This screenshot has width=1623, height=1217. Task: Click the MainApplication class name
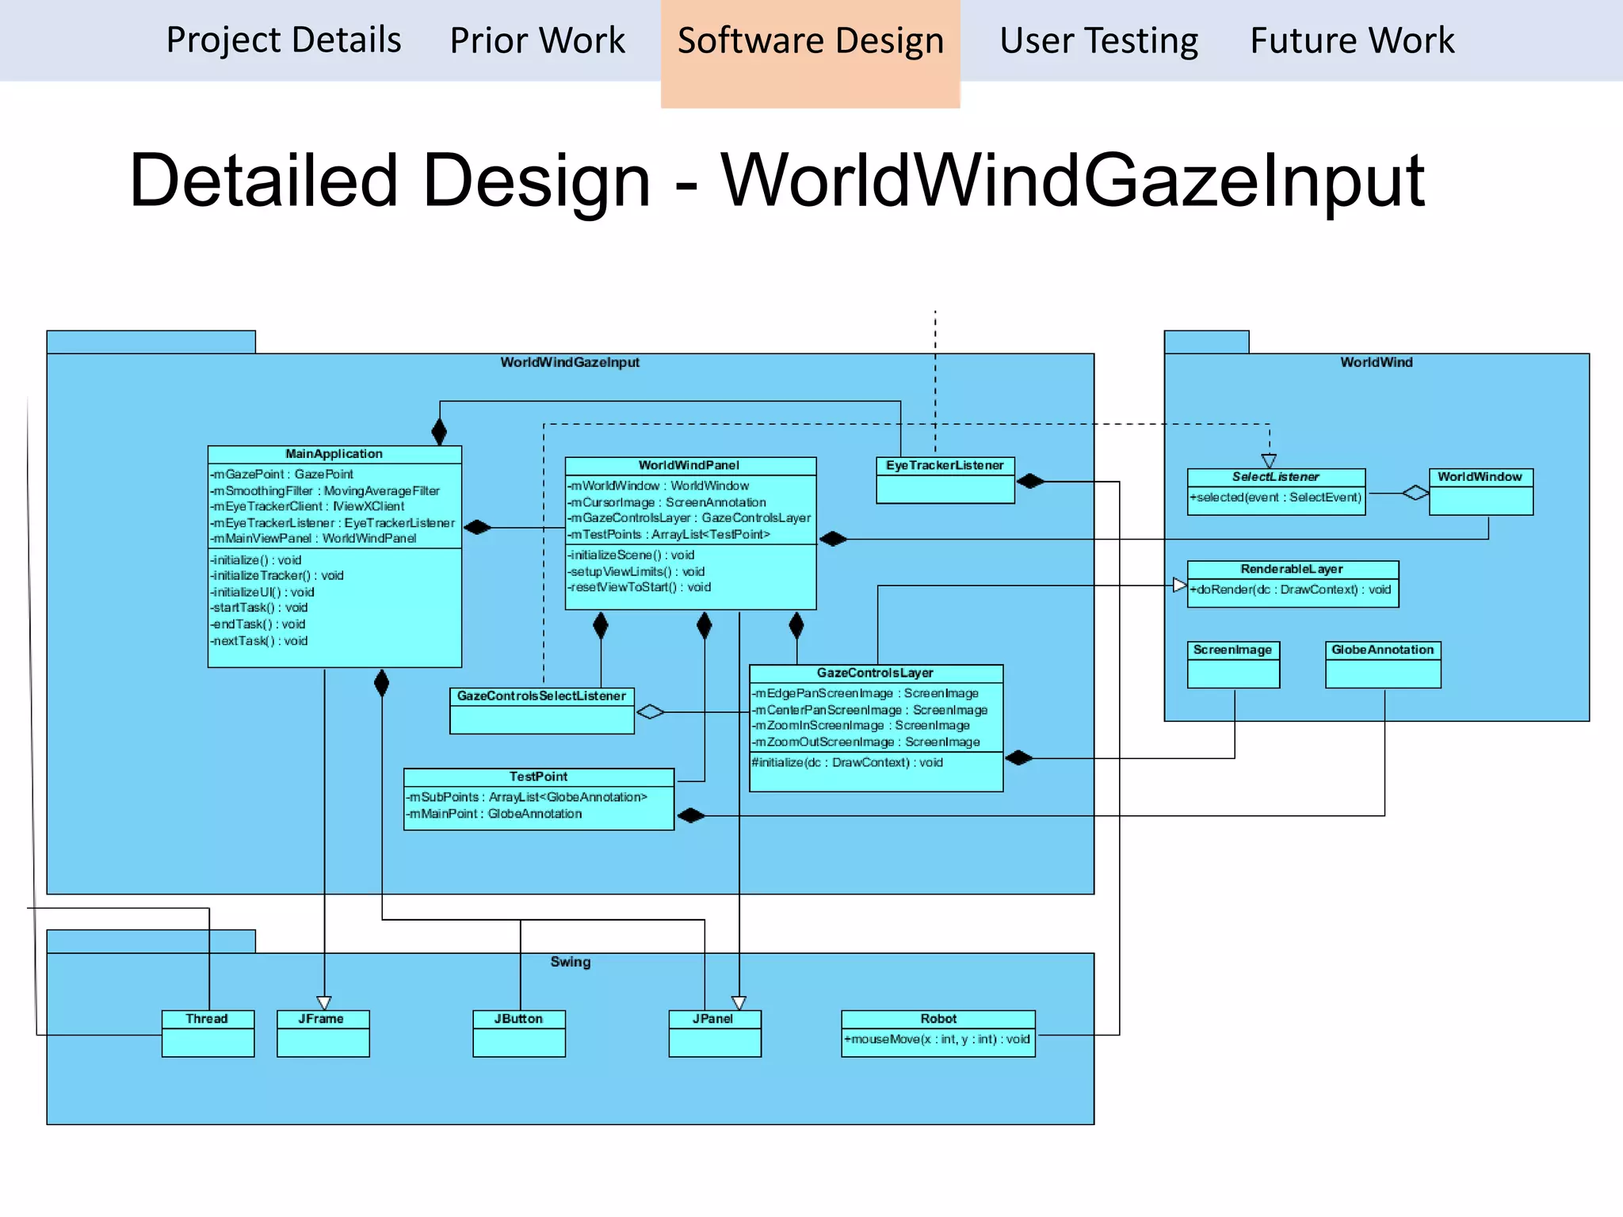click(334, 454)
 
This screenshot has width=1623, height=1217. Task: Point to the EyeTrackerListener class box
click(945, 479)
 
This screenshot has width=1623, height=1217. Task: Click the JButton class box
click(519, 1033)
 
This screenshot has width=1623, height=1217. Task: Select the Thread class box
click(208, 1033)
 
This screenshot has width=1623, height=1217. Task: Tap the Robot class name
click(938, 1019)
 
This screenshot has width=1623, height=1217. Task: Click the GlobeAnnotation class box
click(1383, 664)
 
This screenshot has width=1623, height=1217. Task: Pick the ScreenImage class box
click(1233, 664)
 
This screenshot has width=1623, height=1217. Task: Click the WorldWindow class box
click(1480, 491)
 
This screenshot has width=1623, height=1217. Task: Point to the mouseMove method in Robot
click(937, 1040)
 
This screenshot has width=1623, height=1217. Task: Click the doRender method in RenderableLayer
click(1290, 589)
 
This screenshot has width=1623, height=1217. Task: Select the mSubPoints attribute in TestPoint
click(526, 797)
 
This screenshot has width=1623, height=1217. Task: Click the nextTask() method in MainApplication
click(259, 641)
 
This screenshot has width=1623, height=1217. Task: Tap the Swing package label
click(571, 962)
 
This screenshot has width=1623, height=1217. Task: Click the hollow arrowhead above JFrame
click(324, 1002)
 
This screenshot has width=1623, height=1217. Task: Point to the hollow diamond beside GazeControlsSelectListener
click(651, 712)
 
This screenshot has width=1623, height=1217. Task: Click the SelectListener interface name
click(1275, 477)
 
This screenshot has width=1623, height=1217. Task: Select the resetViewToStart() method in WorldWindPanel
click(640, 587)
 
